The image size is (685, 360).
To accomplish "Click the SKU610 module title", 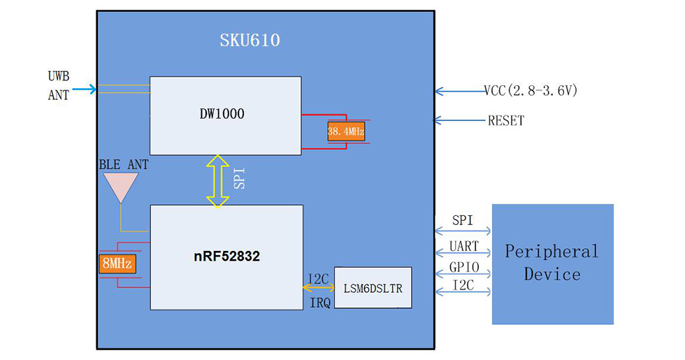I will [x=250, y=41].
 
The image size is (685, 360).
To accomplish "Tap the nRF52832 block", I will [x=226, y=257].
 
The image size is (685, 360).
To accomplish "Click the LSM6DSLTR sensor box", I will [x=373, y=288].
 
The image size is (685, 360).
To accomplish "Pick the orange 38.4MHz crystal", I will [x=346, y=131].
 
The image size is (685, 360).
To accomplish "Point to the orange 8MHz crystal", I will [x=117, y=264].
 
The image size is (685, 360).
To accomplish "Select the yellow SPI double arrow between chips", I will [x=218, y=181].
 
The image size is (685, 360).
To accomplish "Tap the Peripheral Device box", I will [x=552, y=264].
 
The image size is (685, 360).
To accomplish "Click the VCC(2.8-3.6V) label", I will [x=531, y=90].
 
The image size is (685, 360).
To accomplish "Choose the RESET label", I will [x=506, y=121].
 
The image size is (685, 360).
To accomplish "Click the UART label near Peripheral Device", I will [x=463, y=246].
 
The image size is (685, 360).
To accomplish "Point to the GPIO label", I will [x=463, y=267].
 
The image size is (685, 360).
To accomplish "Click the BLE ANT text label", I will [x=123, y=164].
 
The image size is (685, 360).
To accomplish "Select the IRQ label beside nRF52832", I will [x=319, y=302].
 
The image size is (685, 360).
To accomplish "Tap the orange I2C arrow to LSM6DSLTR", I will [x=319, y=287].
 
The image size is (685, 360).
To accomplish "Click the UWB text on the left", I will [x=59, y=75].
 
